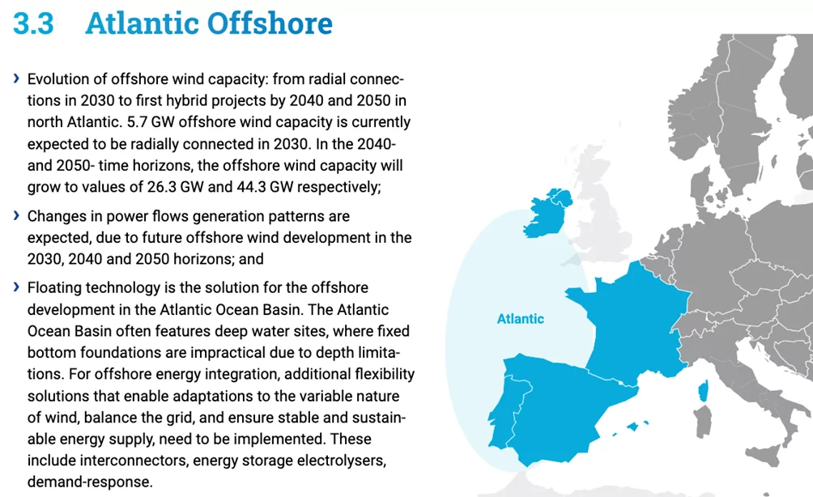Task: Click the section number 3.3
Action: tap(33, 23)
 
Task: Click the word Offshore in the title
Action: tap(270, 23)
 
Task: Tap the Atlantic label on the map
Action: tap(521, 319)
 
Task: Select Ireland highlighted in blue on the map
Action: tap(547, 213)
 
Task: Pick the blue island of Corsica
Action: tap(704, 391)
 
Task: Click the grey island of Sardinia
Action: tap(703, 421)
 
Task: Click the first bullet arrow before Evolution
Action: tap(16, 79)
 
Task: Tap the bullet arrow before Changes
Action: tap(16, 215)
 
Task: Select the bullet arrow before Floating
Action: tap(16, 287)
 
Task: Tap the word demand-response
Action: tap(90, 482)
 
